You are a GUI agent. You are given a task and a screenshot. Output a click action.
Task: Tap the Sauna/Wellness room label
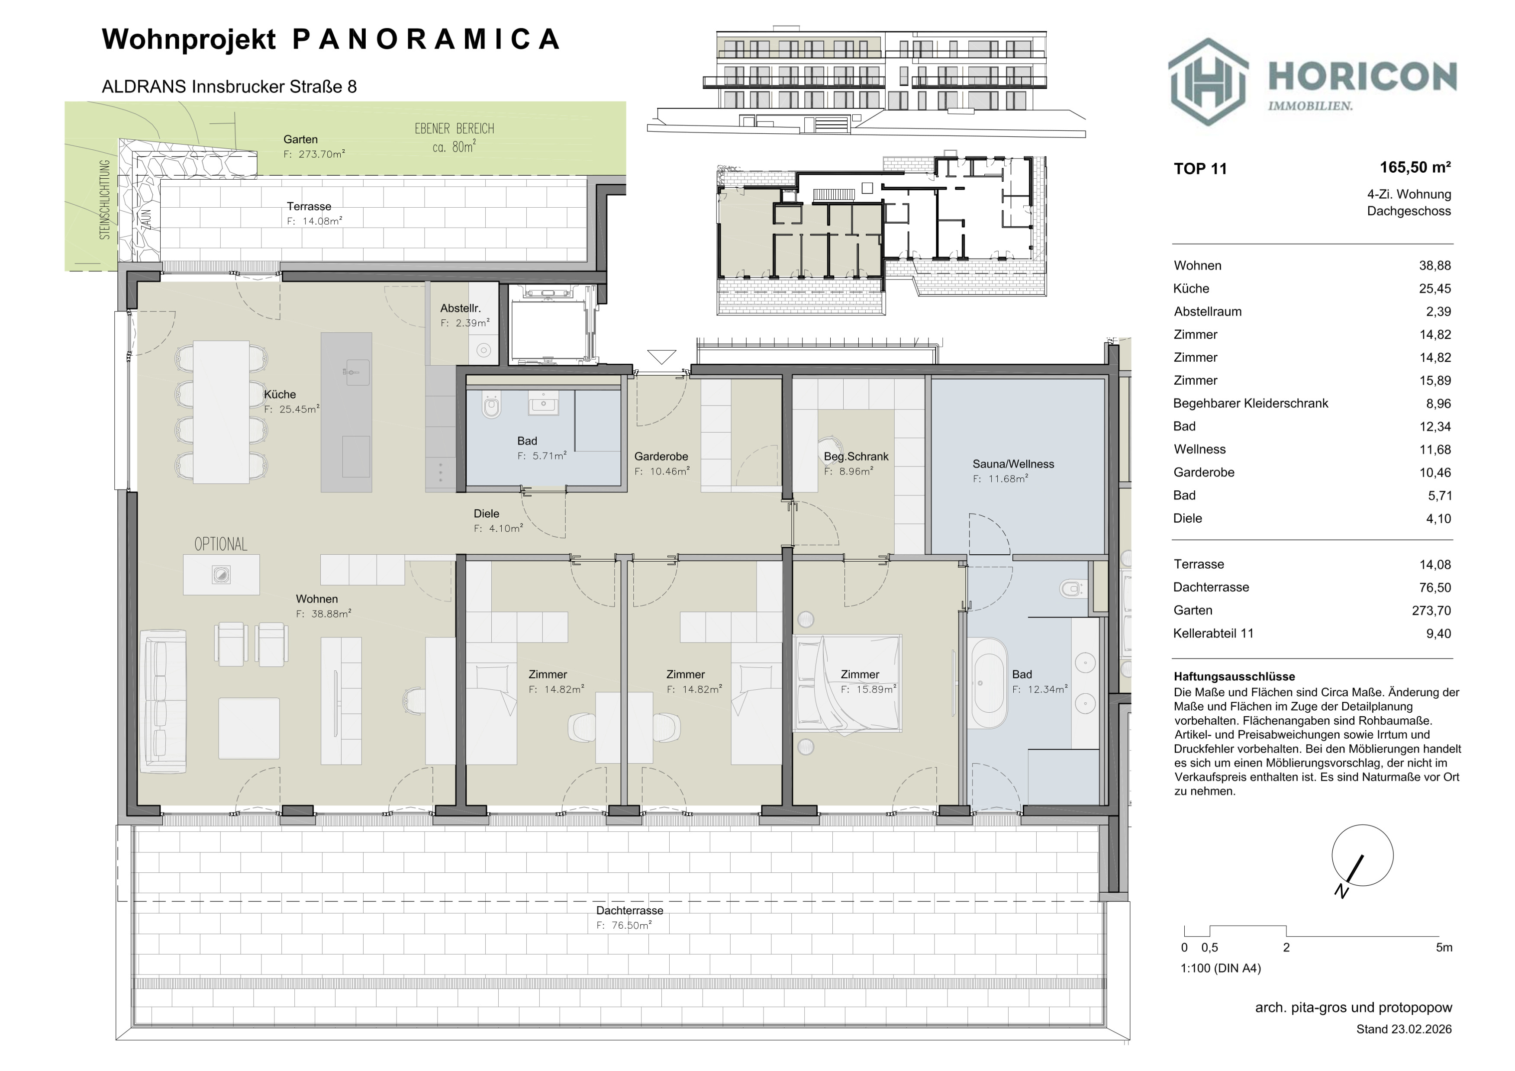click(1013, 464)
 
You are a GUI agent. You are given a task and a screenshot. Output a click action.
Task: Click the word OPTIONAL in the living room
click(220, 544)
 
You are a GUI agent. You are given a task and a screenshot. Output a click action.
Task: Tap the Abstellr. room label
click(460, 309)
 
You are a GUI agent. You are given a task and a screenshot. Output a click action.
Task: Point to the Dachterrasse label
click(629, 911)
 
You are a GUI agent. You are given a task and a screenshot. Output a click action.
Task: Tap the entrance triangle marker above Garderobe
click(662, 356)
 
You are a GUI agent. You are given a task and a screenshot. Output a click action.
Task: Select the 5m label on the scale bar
click(1444, 948)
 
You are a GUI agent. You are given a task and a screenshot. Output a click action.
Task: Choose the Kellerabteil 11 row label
click(1213, 634)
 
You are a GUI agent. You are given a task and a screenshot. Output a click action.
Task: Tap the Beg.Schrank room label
click(856, 457)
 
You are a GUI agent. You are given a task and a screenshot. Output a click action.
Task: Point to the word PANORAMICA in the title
click(425, 39)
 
